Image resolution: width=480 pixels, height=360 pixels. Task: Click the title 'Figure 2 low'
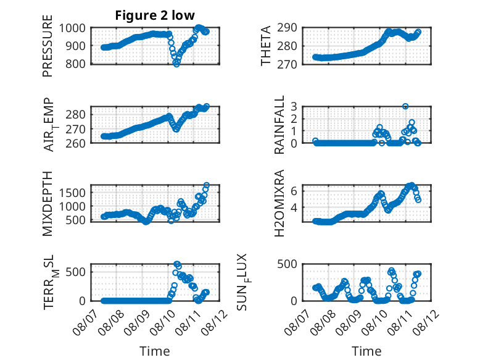[155, 15]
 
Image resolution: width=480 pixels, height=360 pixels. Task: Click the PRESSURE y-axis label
[48, 46]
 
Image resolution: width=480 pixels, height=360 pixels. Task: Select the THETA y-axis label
[266, 46]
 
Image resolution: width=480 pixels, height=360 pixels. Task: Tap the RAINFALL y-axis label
[279, 125]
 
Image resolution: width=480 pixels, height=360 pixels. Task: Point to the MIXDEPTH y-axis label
[48, 203]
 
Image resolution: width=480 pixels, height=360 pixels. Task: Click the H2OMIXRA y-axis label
[279, 203]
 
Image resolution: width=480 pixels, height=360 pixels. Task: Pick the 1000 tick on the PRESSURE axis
[72, 28]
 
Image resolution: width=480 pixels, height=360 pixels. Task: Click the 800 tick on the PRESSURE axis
[75, 64]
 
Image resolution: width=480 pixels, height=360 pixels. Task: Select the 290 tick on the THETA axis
[287, 28]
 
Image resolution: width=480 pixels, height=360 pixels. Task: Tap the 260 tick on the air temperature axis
[75, 143]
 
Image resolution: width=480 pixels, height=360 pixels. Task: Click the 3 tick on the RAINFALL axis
[294, 107]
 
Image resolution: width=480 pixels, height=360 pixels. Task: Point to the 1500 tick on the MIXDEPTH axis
[72, 193]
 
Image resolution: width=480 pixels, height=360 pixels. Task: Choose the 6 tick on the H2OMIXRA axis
[294, 191]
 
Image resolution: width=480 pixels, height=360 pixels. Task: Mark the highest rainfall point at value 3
[405, 106]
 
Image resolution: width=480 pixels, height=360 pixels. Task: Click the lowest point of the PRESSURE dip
[176, 64]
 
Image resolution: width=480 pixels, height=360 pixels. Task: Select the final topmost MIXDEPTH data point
[207, 185]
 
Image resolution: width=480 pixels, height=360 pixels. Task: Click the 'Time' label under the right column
[366, 351]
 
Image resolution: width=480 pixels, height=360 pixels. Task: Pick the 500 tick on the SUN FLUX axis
[287, 264]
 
